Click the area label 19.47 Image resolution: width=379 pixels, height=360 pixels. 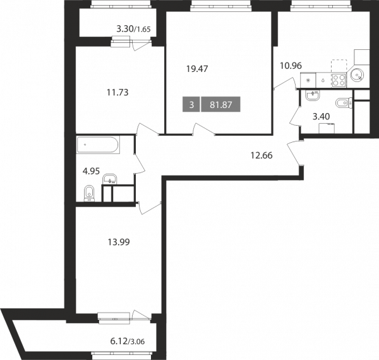pos(197,69)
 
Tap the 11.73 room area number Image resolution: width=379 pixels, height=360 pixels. pos(117,92)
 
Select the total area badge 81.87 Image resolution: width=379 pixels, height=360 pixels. pos(220,105)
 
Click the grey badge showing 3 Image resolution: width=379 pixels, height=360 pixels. pos(191,105)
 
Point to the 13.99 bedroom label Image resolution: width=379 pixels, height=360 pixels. pos(119,242)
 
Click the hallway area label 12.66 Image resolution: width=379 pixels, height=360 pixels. pos(262,155)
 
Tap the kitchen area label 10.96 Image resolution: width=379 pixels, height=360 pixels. pos(291,66)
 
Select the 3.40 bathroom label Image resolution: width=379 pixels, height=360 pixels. pos(322,117)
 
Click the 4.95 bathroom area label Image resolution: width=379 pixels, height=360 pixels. pos(91,171)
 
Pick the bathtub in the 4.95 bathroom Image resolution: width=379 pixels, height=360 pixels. pos(98,145)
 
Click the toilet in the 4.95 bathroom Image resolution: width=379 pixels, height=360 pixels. pos(90,193)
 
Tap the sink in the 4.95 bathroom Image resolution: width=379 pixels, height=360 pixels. pos(110,179)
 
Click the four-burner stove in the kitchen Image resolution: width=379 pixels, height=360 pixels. pos(339,80)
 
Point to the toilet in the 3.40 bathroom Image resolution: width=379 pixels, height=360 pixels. pos(344,103)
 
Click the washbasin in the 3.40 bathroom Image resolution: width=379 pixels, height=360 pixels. pos(313,95)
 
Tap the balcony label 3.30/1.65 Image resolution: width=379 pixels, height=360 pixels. pos(133,29)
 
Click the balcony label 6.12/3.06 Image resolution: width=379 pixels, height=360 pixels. pos(128,342)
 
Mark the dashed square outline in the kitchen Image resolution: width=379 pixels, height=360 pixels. pos(339,66)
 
